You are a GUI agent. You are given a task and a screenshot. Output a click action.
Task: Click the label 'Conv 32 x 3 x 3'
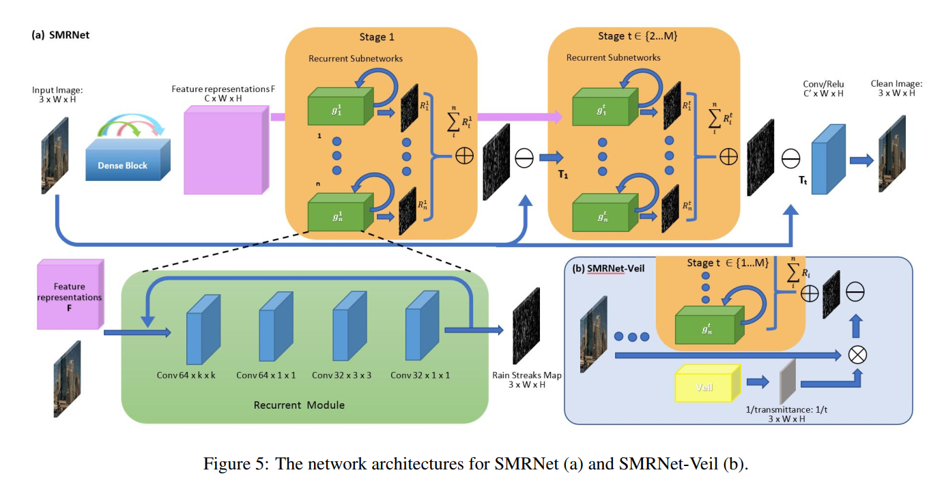(x=341, y=375)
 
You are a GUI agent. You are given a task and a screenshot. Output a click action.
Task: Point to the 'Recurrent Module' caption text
(x=299, y=405)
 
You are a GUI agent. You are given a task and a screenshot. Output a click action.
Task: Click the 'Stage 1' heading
(x=377, y=37)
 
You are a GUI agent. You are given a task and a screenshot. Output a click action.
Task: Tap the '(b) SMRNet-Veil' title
(x=608, y=270)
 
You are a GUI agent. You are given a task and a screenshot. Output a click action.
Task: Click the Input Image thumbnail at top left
(x=56, y=154)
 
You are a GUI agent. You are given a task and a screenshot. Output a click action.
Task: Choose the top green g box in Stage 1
(x=338, y=108)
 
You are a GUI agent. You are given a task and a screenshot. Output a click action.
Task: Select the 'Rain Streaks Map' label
(x=526, y=375)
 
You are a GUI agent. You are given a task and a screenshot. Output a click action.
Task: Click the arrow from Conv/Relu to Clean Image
(x=859, y=161)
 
